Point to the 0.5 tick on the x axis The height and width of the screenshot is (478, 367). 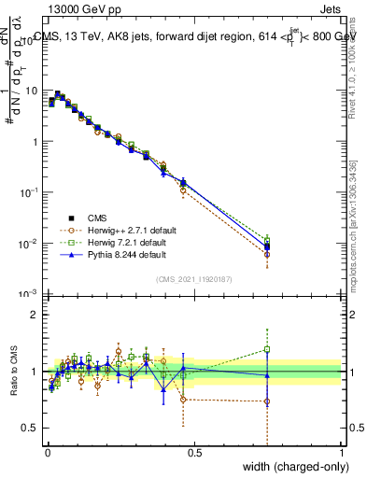coord(195,453)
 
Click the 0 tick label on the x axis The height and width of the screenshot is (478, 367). coord(49,453)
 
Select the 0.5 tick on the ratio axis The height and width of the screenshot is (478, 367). coord(34,429)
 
